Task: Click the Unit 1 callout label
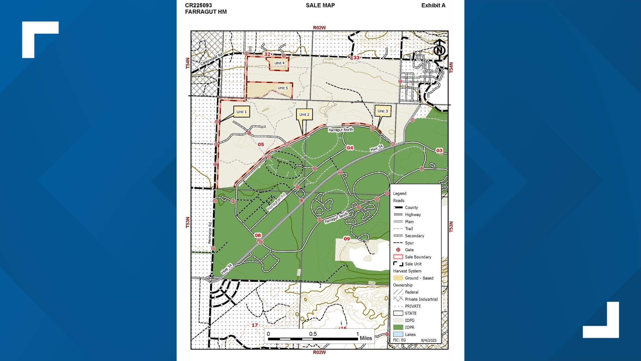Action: click(241, 112)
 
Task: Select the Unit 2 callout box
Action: click(304, 114)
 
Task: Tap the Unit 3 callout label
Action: click(383, 111)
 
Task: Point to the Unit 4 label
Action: click(279, 63)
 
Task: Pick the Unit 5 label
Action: click(282, 88)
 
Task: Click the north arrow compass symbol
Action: click(439, 50)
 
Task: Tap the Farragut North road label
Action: click(341, 130)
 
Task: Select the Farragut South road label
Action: click(336, 217)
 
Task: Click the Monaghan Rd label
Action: click(276, 202)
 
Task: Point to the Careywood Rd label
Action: click(211, 59)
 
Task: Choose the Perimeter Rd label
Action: click(210, 233)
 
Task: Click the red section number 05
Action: click(261, 144)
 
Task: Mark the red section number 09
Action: click(347, 239)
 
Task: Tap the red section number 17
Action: click(255, 325)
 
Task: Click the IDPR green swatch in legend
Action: click(398, 327)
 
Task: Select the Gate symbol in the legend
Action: click(398, 250)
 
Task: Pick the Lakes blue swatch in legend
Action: click(398, 334)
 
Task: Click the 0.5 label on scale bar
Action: click(313, 334)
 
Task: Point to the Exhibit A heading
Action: click(433, 5)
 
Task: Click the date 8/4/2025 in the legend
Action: click(429, 340)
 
